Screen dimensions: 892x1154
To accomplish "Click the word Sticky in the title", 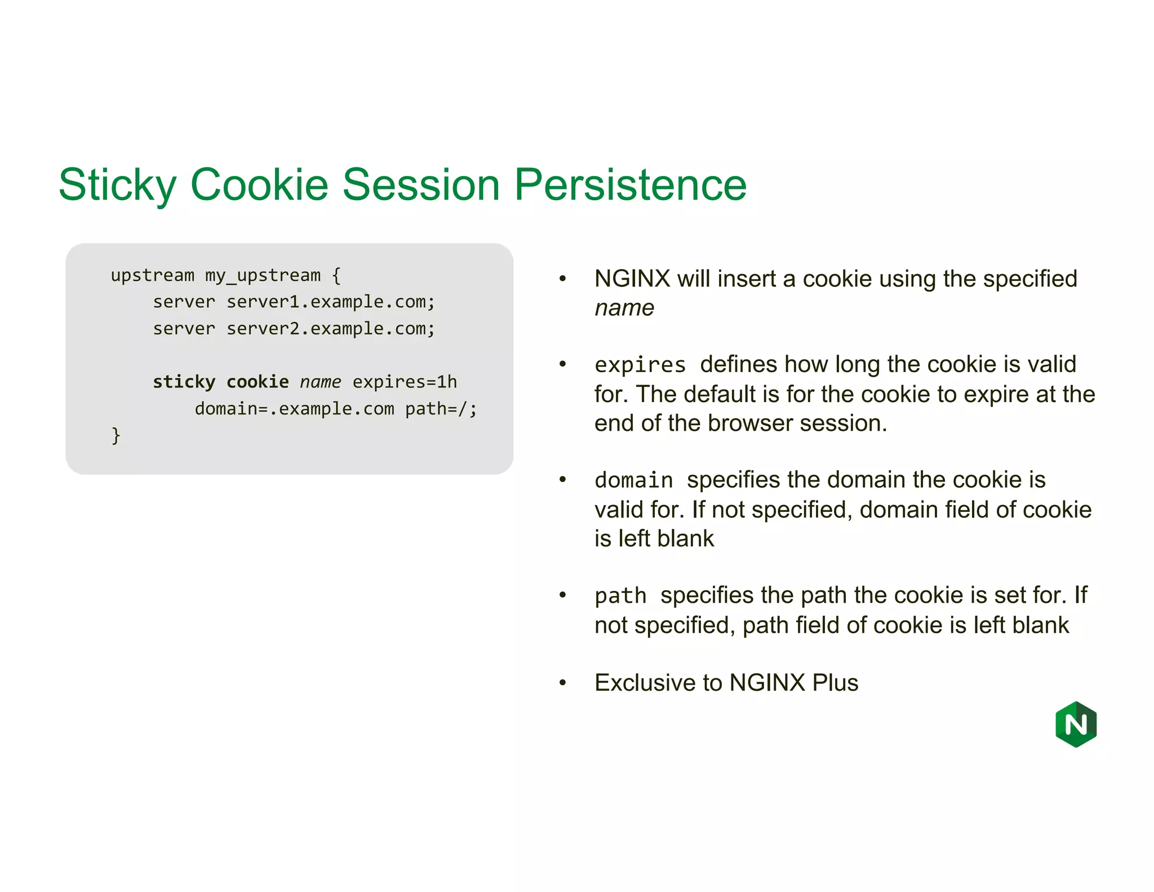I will click(117, 185).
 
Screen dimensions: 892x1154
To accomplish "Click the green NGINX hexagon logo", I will click(1076, 724).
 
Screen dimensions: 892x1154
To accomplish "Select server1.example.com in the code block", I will click(331, 302).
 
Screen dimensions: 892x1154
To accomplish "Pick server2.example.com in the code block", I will click(331, 329).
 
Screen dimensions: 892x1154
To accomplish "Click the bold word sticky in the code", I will click(184, 382).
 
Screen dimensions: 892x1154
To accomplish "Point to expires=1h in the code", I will click(405, 382).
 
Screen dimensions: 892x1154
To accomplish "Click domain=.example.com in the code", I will click(294, 409).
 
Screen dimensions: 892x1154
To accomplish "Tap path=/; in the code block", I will click(441, 409).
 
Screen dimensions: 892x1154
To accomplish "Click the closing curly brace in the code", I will click(116, 435).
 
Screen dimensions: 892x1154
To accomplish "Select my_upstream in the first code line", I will click(263, 276).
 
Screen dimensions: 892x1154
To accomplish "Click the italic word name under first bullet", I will click(624, 308).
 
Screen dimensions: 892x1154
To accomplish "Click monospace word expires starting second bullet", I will click(640, 365).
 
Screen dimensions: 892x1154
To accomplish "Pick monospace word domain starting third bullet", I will click(634, 480).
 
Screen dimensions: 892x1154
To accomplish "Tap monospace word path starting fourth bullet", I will click(620, 596).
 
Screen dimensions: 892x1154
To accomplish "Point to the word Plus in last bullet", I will click(835, 683).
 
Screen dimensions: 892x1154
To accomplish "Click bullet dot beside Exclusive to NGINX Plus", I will click(562, 683).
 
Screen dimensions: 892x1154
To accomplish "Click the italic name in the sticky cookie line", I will click(320, 382).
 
